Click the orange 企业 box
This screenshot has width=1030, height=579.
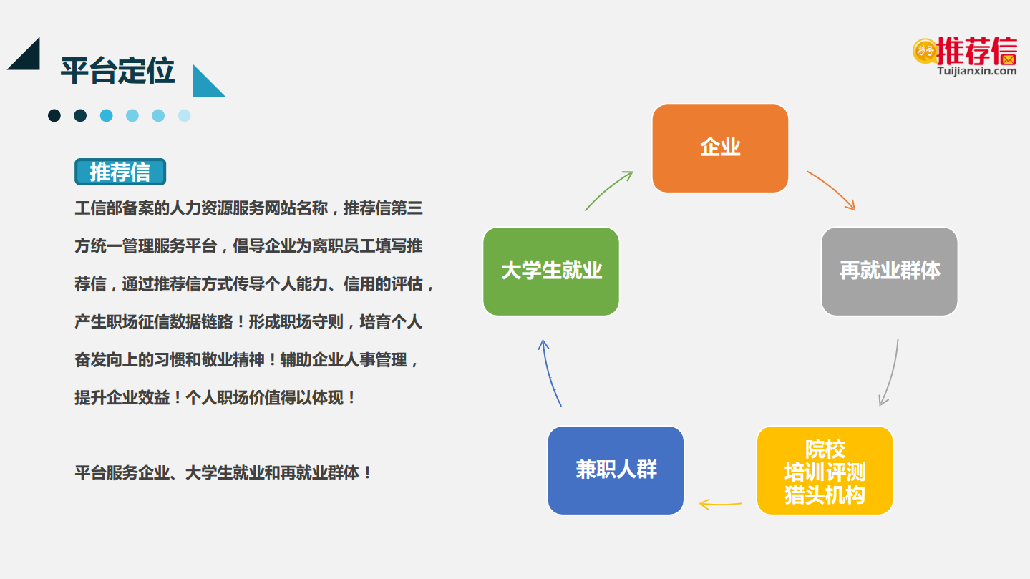click(720, 149)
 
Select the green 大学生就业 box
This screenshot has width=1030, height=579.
click(551, 271)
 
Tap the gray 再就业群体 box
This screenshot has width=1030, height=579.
click(889, 271)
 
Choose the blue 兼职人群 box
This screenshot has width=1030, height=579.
click(616, 470)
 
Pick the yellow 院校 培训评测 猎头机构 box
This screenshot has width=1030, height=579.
click(825, 470)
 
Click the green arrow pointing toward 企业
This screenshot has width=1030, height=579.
click(608, 190)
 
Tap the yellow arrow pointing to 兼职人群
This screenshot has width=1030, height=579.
click(720, 505)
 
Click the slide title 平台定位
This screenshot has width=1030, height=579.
click(117, 71)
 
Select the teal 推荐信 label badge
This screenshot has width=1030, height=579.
click(120, 172)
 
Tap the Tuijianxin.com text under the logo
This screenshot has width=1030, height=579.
click(976, 71)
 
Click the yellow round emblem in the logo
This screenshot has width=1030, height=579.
click(925, 51)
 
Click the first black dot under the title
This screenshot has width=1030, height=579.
click(54, 115)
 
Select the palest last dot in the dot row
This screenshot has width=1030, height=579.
click(185, 115)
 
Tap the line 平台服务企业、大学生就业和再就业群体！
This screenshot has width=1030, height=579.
click(223, 473)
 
